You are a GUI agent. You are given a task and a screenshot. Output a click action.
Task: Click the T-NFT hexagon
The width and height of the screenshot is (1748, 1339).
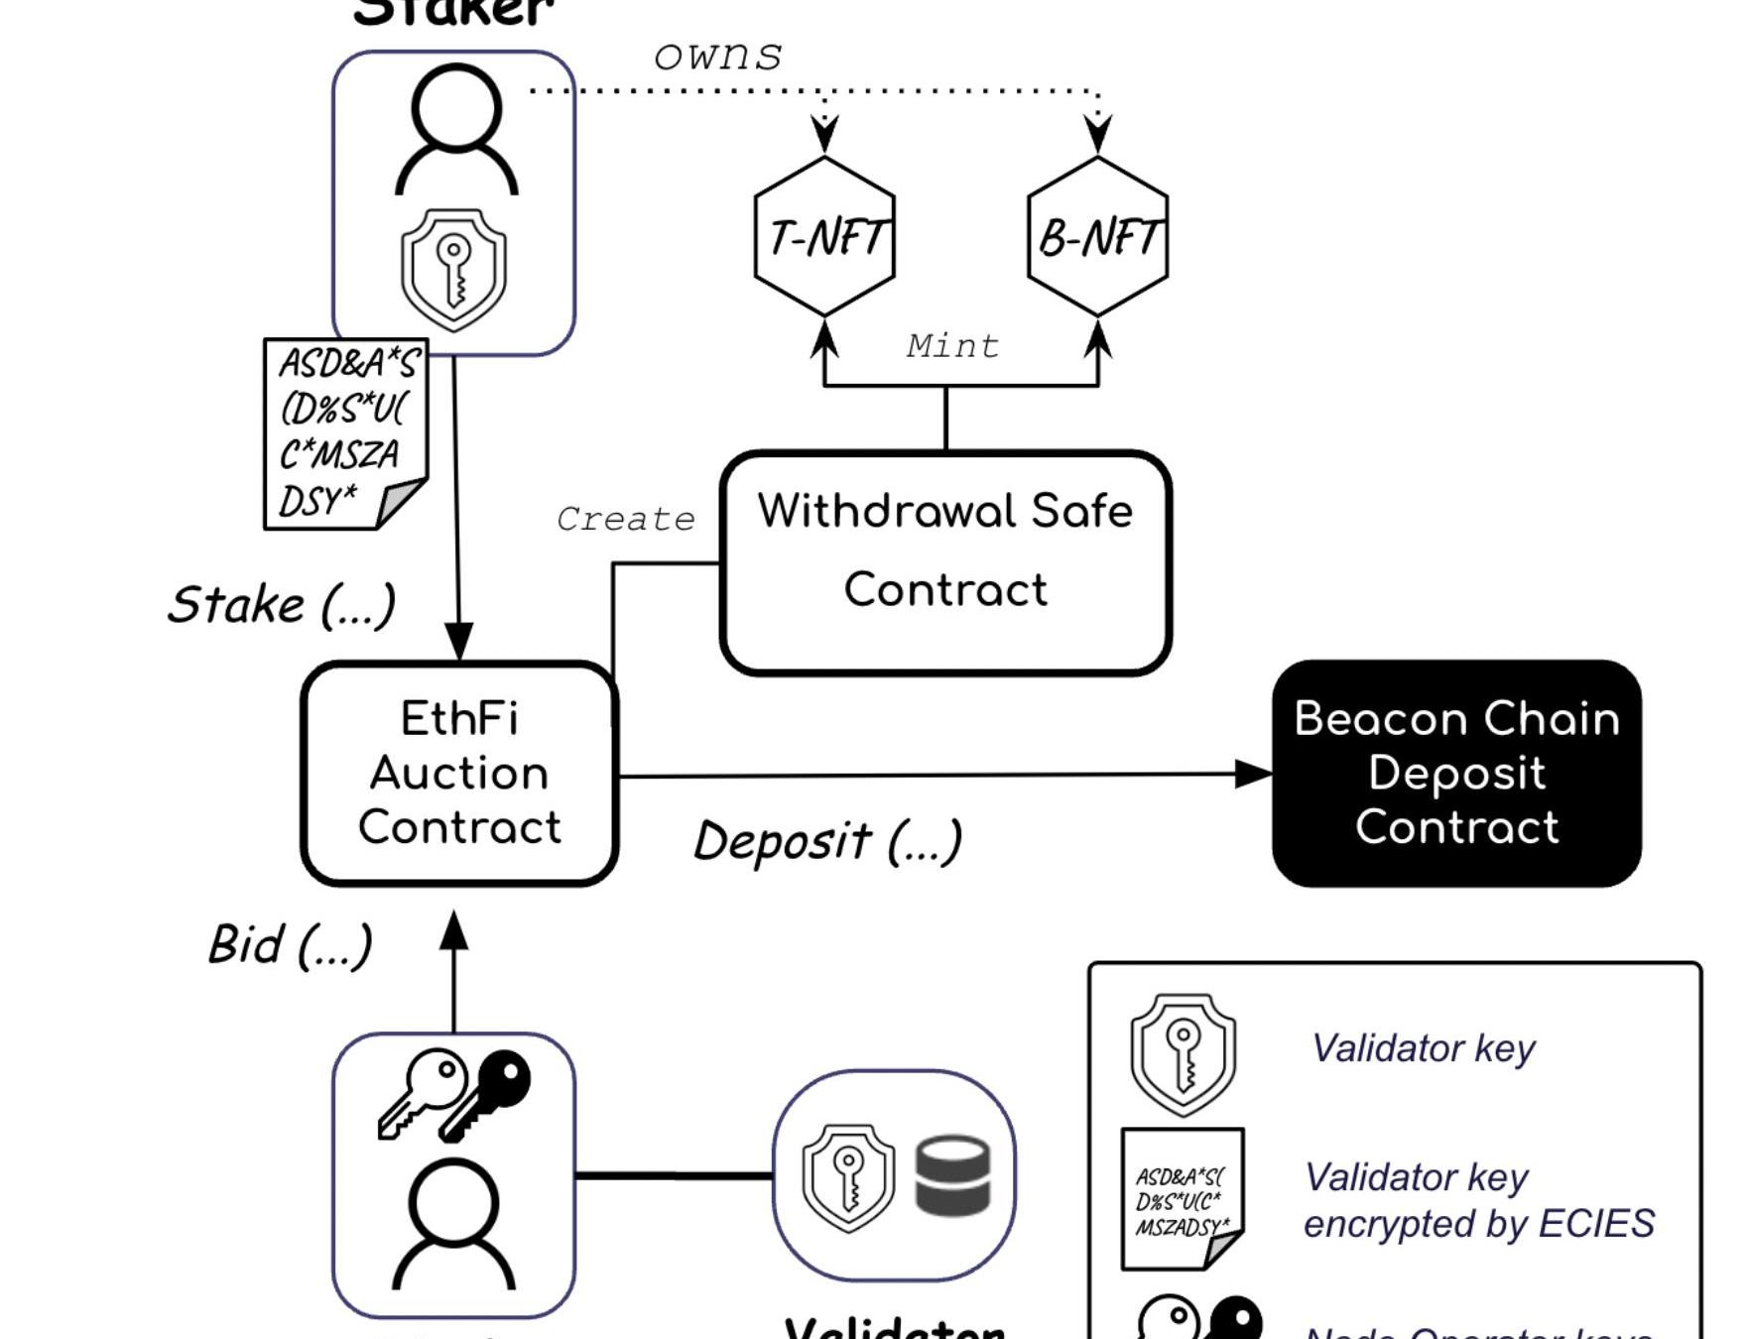[824, 237]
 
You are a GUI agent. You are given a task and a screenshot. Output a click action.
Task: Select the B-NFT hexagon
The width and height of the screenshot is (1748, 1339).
[1097, 237]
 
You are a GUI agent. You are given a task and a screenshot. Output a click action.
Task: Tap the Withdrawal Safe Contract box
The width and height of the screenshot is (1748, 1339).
[945, 562]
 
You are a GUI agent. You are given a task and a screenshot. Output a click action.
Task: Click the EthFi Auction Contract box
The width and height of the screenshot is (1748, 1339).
[459, 773]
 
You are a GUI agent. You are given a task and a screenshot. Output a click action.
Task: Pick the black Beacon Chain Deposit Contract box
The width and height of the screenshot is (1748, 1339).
[1456, 773]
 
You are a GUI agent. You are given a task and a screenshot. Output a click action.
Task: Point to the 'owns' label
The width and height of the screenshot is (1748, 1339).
[717, 57]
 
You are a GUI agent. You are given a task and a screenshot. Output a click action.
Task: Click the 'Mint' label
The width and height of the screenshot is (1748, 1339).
[952, 346]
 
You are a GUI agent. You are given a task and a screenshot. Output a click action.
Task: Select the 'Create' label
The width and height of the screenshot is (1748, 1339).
[625, 519]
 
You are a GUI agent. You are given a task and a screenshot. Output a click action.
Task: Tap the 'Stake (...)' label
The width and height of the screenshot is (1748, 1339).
[282, 605]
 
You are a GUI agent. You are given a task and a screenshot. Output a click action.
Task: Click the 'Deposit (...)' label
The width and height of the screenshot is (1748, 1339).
[827, 841]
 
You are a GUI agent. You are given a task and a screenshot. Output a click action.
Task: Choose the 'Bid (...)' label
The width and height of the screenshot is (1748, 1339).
[290, 944]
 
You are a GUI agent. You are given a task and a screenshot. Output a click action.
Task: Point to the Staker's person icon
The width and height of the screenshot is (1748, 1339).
[455, 130]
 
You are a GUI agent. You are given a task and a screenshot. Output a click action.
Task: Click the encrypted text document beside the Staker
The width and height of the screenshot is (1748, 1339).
[344, 433]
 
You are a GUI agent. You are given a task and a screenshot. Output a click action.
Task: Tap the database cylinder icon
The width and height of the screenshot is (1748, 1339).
[952, 1176]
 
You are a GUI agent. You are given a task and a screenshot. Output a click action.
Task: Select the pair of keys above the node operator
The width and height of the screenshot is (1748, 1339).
[454, 1092]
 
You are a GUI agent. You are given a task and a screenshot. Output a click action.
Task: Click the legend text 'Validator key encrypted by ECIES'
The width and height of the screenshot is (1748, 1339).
[1478, 1200]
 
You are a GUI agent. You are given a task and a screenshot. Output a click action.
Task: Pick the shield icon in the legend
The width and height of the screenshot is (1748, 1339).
[1183, 1054]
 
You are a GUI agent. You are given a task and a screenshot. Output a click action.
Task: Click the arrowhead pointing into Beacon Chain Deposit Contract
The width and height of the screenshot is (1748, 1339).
[1254, 774]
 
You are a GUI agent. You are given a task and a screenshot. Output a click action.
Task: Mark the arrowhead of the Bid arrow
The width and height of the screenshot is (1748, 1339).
[453, 929]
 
